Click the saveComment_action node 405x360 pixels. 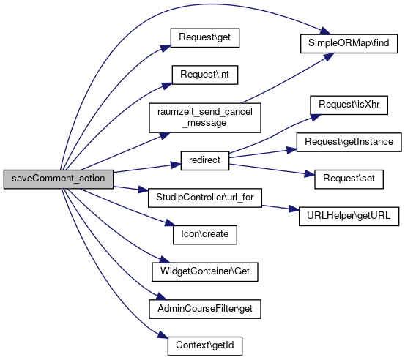[59, 179]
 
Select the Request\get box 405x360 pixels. [205, 37]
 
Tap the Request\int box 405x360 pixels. [205, 75]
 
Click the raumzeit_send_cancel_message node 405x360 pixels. [205, 118]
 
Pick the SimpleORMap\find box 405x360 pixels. [349, 44]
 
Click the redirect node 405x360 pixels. [205, 160]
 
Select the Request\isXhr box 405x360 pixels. [349, 105]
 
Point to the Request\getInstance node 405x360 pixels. [349, 142]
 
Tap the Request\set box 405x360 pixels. [349, 179]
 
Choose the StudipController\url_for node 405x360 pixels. [205, 198]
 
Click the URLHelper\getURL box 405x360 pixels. [349, 217]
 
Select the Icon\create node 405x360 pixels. [205, 235]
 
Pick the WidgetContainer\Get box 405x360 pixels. [205, 272]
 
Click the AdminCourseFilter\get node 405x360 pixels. [205, 309]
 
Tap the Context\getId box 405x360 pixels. [205, 346]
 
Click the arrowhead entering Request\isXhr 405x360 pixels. [316, 117]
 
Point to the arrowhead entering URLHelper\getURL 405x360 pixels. [294, 209]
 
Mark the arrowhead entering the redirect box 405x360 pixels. [176, 165]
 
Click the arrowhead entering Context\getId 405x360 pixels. [163, 334]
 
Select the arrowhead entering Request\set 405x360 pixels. [310, 174]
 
